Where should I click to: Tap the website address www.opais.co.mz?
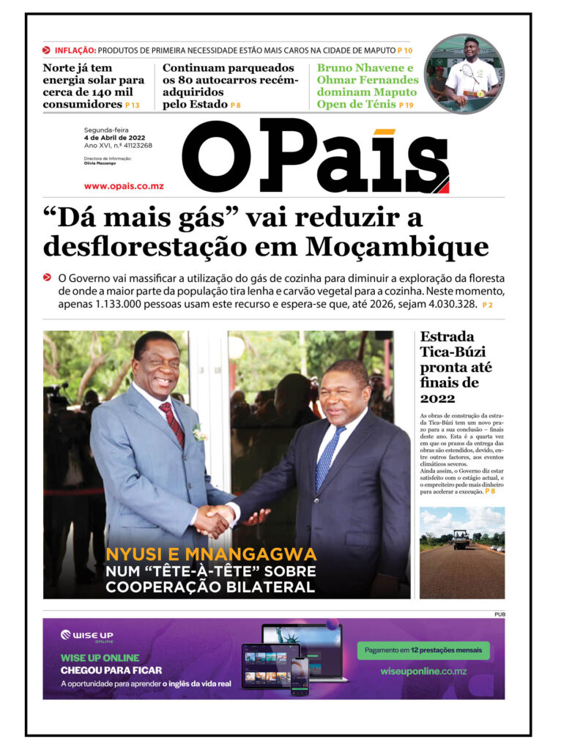click(x=124, y=186)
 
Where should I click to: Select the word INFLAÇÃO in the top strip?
click(x=75, y=51)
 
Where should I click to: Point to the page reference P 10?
click(x=405, y=51)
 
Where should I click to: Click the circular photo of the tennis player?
click(x=464, y=74)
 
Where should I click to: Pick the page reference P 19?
click(x=406, y=105)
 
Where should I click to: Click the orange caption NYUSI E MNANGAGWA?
click(x=211, y=554)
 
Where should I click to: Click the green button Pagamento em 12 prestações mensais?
click(x=423, y=650)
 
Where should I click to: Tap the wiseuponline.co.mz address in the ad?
click(x=423, y=672)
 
